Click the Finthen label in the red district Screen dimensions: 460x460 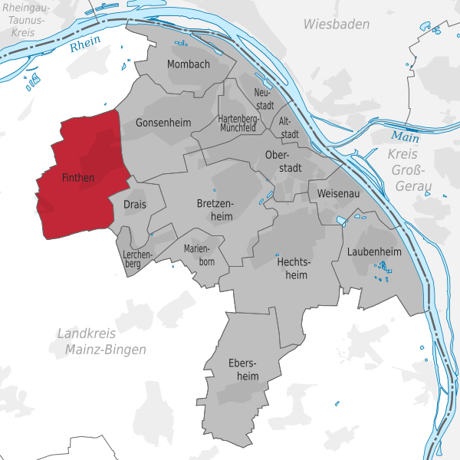click(77, 178)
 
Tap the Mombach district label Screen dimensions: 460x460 click(188, 64)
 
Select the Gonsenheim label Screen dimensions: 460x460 click(162, 123)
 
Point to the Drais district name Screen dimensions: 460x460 click(134, 205)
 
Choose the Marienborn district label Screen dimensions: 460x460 click(199, 255)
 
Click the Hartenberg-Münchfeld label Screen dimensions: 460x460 click(237, 123)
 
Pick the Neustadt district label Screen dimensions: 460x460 click(262, 98)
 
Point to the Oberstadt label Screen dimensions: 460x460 click(282, 161)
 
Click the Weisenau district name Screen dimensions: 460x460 click(338, 195)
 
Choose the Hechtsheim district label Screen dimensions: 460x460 click(292, 268)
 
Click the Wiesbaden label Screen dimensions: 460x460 click(336, 25)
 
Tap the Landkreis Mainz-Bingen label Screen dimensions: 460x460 click(101, 341)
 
